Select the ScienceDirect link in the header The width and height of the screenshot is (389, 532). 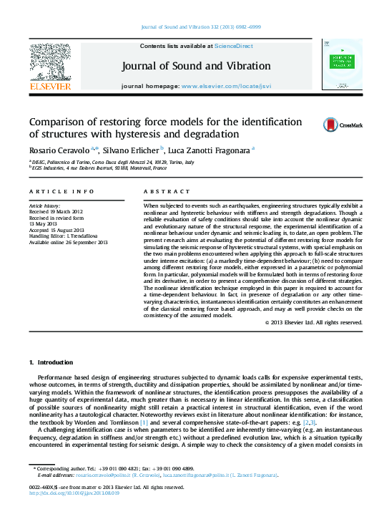[235, 46]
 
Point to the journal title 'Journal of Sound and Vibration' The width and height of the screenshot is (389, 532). [196, 66]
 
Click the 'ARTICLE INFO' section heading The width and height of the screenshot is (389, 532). [61, 192]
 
